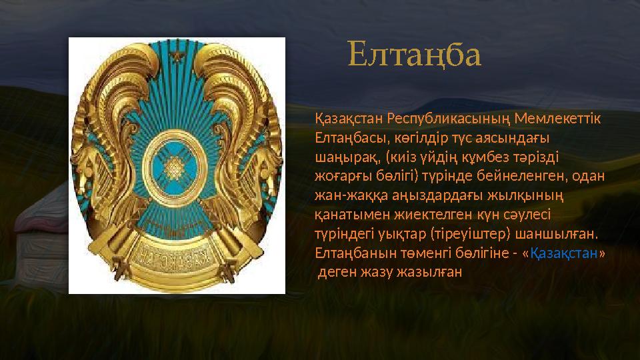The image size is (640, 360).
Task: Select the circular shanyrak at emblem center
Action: click(x=177, y=162)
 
